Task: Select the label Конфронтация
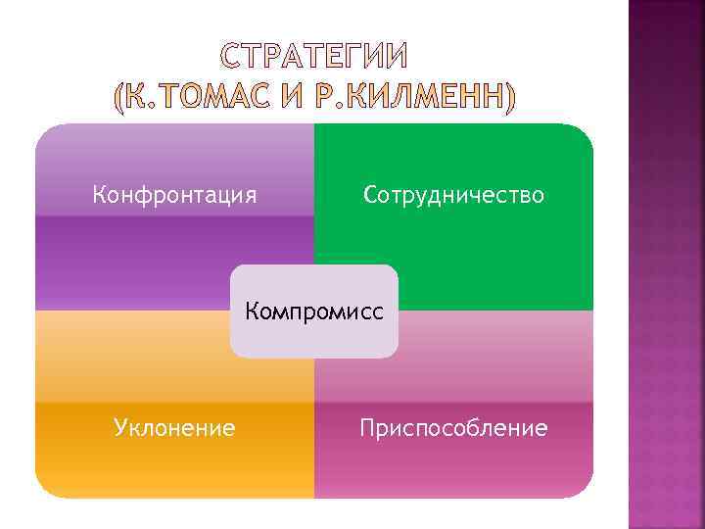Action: click(x=175, y=195)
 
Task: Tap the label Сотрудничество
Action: click(x=453, y=195)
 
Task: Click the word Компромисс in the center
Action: click(x=314, y=312)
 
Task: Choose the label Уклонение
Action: click(x=174, y=427)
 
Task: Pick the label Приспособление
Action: click(x=453, y=427)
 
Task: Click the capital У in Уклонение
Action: click(x=120, y=428)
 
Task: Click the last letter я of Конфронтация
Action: click(x=252, y=197)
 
